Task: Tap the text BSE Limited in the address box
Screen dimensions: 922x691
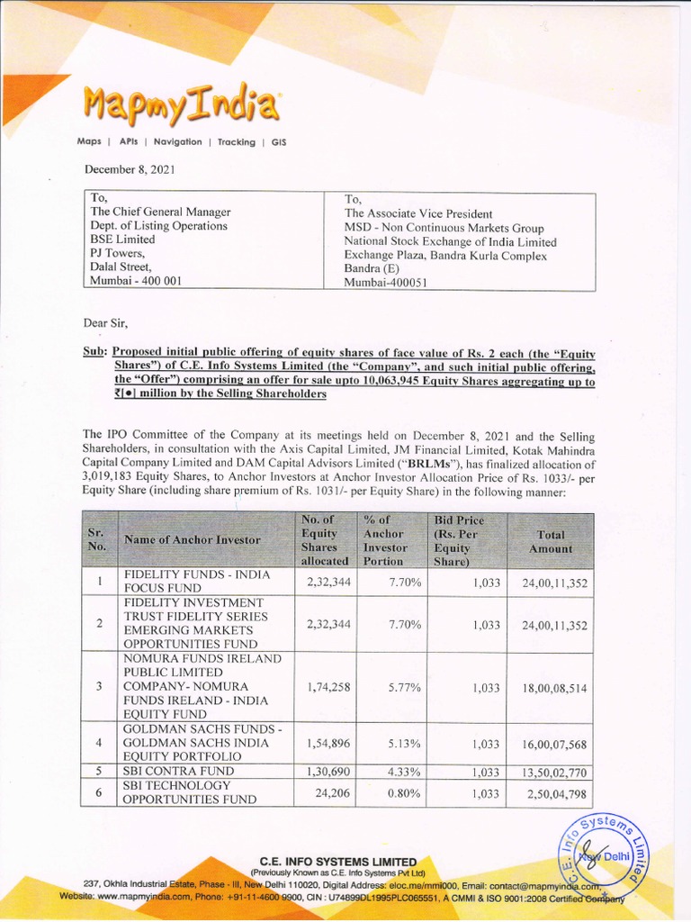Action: pos(121,240)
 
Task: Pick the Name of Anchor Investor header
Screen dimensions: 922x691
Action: pos(193,540)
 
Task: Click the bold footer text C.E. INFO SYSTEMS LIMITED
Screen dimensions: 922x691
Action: pos(338,861)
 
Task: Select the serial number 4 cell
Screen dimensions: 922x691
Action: pos(98,743)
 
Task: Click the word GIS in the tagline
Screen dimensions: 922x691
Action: pos(278,142)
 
